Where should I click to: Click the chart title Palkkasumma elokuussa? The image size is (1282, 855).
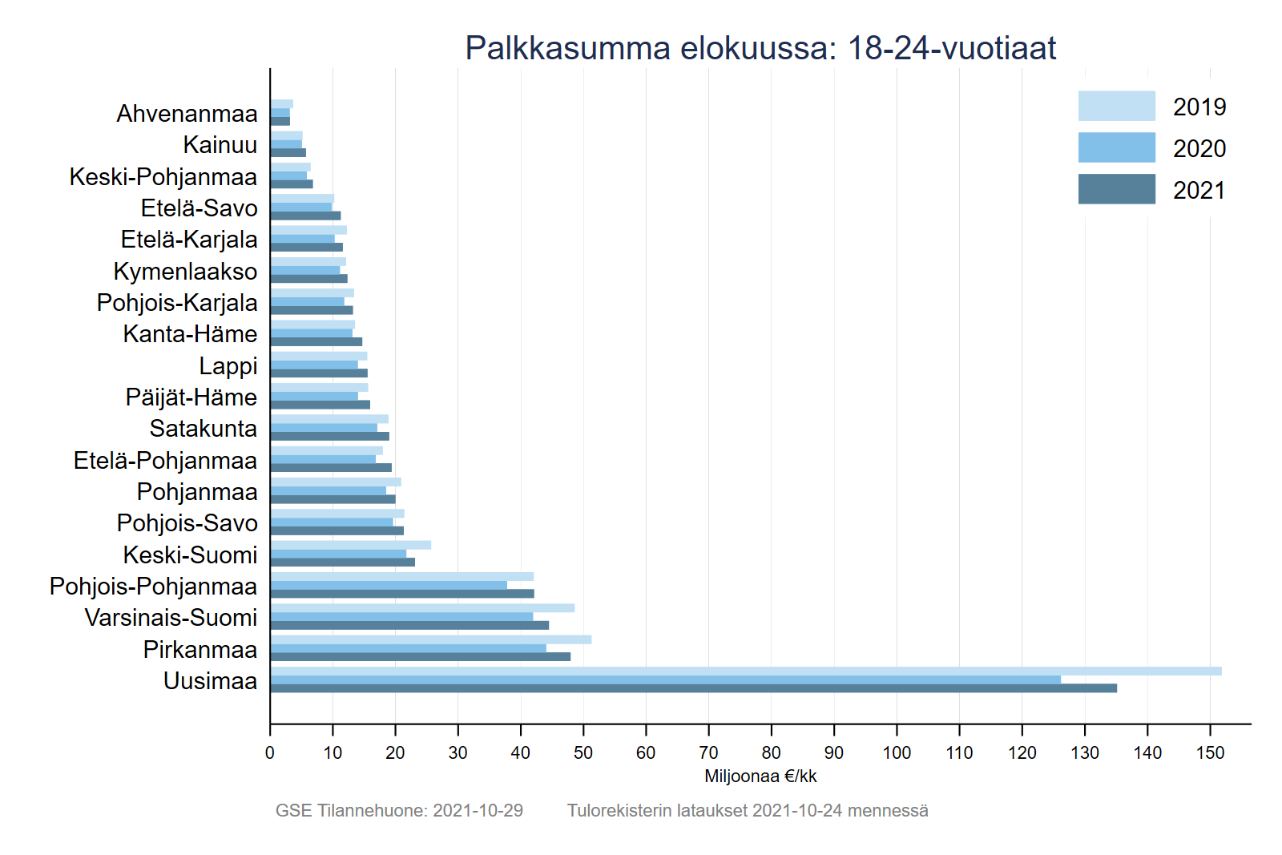[760, 48]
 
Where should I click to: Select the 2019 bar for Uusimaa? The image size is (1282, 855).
[745, 671]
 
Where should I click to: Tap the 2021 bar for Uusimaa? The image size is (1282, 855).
[693, 688]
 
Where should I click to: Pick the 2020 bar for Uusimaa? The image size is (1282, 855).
[665, 680]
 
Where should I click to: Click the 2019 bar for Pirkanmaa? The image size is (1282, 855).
[430, 639]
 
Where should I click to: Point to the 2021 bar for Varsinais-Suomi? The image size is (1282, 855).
[409, 625]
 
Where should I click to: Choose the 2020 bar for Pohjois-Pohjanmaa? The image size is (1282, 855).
[389, 585]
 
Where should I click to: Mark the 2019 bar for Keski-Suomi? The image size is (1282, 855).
[350, 545]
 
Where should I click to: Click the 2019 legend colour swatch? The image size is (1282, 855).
[1116, 106]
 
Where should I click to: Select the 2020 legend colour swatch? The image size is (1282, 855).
[1116, 147]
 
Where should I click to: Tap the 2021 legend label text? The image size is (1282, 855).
[1199, 191]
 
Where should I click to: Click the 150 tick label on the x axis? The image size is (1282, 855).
[1210, 752]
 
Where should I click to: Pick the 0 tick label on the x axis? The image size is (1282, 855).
[270, 752]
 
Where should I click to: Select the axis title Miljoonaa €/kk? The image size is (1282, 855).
[760, 776]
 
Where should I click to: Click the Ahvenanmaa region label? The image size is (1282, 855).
[187, 114]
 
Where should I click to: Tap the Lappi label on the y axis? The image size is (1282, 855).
[228, 366]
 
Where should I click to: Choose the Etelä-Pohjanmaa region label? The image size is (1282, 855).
[165, 461]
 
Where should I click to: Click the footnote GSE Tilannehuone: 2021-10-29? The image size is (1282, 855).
[399, 810]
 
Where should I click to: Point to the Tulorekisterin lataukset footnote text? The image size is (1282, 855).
[748, 810]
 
